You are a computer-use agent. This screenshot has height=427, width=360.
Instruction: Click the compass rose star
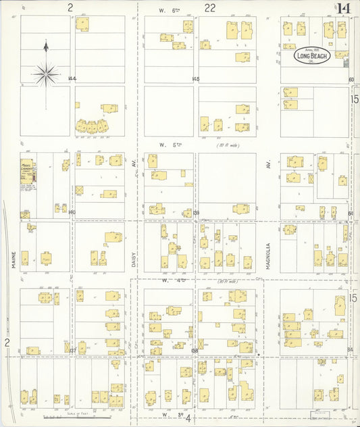45,74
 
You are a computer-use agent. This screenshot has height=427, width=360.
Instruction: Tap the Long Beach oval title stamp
311,56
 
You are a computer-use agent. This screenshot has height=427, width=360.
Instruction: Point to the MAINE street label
13,259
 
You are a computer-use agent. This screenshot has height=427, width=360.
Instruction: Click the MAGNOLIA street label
268,256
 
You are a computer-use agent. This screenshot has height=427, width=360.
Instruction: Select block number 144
72,79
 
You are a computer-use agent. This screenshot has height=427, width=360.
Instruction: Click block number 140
72,212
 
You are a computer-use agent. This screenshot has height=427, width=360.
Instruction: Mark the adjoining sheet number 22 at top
210,8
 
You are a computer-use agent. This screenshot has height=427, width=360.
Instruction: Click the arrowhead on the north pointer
46,45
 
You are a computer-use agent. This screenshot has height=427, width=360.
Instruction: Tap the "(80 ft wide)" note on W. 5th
228,145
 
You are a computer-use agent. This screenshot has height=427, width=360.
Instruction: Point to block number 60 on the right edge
351,80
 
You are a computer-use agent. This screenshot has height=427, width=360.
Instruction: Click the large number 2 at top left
70,8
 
